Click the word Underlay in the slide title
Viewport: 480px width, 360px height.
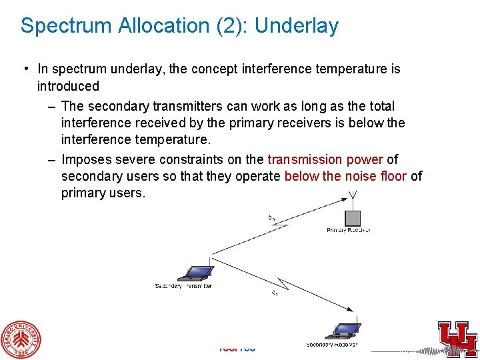pos(296,26)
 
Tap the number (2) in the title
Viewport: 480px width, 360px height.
pos(229,26)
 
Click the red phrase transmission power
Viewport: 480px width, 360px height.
pos(325,159)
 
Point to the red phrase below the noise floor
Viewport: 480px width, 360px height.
pos(345,176)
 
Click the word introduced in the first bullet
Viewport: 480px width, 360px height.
pos(68,86)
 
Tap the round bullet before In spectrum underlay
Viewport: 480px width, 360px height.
pos(25,69)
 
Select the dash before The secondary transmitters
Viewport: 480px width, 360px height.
pos(52,106)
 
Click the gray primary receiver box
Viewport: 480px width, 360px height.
pos(353,218)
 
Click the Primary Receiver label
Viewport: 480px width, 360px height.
pos(348,230)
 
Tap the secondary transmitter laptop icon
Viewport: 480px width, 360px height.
pos(195,273)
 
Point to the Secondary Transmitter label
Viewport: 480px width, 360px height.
pos(183,286)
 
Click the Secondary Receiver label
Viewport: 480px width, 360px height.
pos(331,345)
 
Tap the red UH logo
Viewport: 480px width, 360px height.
pos(457,336)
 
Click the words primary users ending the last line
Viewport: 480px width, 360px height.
pos(102,193)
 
